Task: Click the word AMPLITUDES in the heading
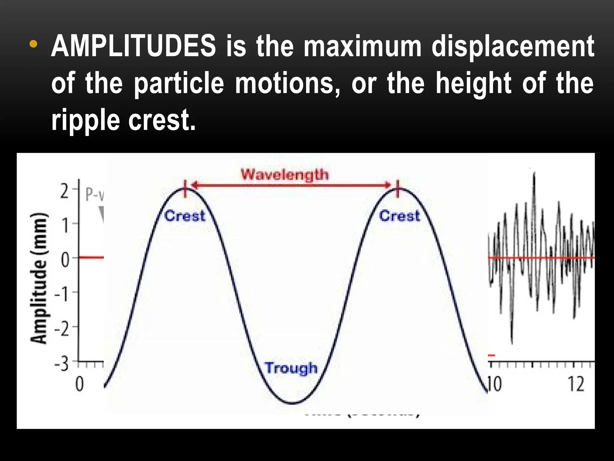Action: (x=133, y=47)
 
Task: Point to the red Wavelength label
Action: (x=285, y=175)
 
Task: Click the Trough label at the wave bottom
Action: (x=291, y=368)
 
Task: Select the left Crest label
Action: (x=185, y=216)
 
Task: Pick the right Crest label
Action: (x=400, y=216)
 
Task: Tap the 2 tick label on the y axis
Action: (x=64, y=191)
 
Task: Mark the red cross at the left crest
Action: (x=185, y=189)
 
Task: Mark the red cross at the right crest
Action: (x=398, y=189)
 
